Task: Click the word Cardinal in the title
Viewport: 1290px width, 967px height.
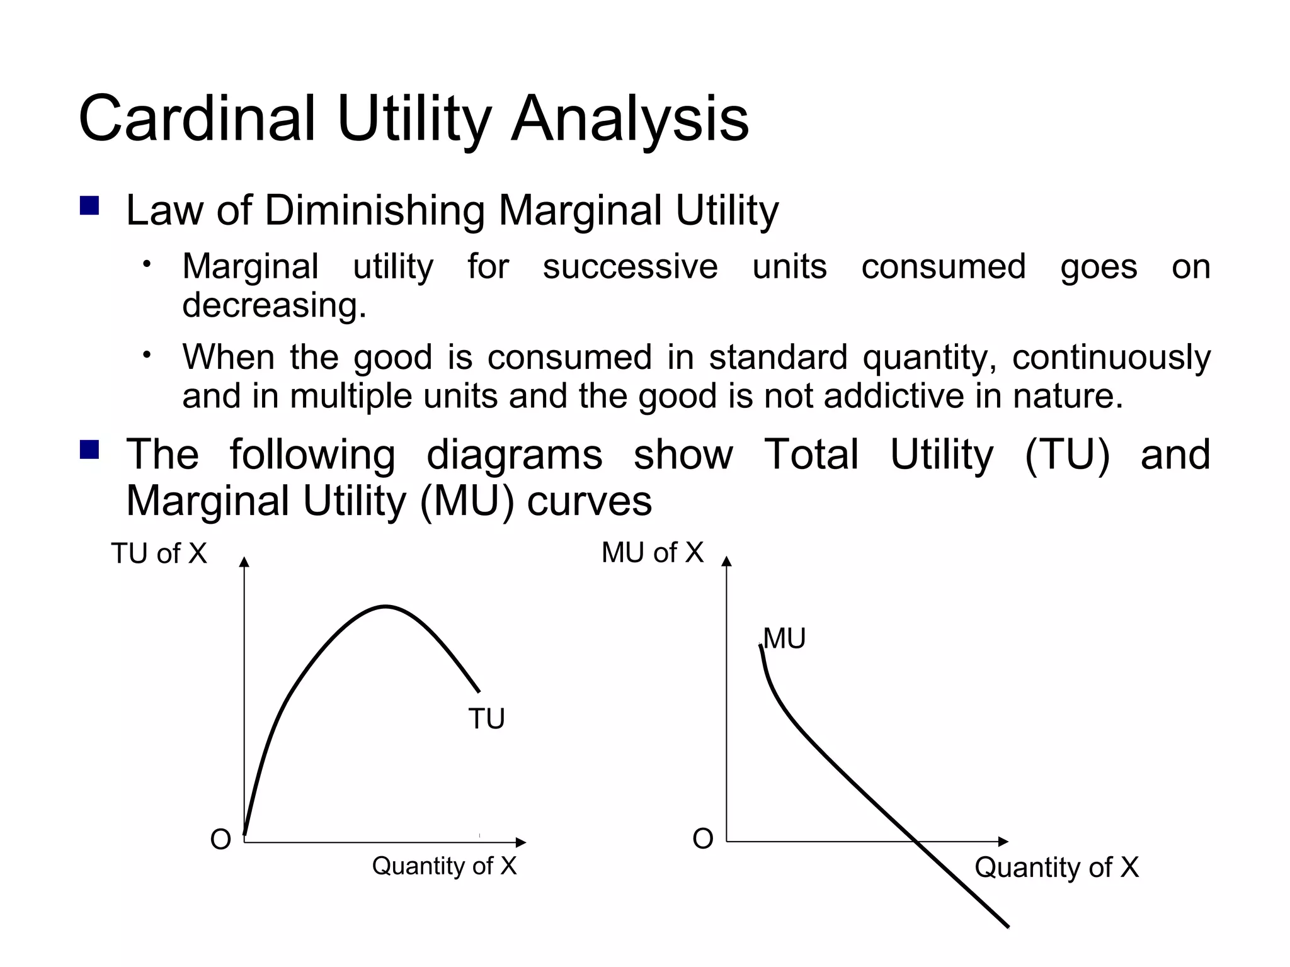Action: (197, 119)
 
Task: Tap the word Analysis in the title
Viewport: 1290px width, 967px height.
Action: (629, 119)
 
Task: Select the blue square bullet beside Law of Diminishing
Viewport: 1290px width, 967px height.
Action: (89, 206)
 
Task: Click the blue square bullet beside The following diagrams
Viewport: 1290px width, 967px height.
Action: (89, 450)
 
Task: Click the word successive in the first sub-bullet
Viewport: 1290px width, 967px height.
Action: (630, 266)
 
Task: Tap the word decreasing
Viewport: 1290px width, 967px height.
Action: (274, 305)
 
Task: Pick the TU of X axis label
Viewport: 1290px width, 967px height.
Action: (159, 554)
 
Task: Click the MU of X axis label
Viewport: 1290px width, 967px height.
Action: (652, 553)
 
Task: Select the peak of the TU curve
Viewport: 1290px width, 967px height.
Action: (385, 606)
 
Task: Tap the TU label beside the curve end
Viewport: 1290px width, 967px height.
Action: (486, 719)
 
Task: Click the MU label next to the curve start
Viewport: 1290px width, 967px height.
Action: (784, 639)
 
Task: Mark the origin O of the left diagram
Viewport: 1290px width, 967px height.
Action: (220, 840)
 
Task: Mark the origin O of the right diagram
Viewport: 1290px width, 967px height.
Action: (702, 839)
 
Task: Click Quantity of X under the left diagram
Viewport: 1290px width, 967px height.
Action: (444, 866)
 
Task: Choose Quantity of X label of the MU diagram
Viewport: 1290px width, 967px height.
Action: (1056, 868)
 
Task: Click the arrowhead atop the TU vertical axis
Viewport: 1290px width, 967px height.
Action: (244, 562)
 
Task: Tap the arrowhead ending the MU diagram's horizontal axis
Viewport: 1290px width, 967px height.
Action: (1004, 842)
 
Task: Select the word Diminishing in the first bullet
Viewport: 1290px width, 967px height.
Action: (374, 210)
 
